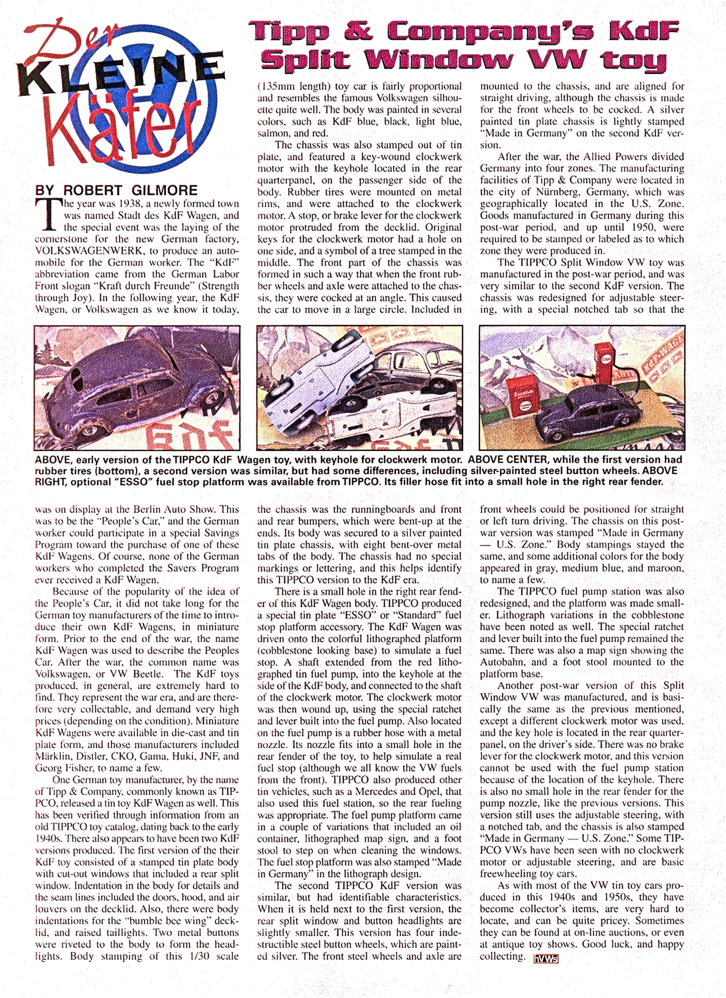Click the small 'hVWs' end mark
pyautogui.click(x=545, y=958)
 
